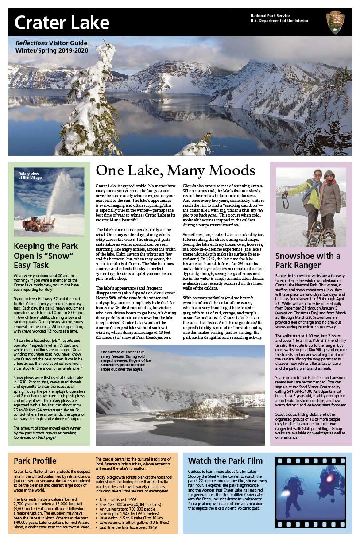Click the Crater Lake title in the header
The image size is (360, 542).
pyautogui.click(x=62, y=23)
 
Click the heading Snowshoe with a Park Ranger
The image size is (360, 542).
pyautogui.click(x=308, y=260)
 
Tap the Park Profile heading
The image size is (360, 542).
pyautogui.click(x=35, y=461)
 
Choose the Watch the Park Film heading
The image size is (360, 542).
pyautogui.click(x=225, y=461)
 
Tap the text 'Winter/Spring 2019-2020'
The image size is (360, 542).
pyautogui.click(x=52, y=50)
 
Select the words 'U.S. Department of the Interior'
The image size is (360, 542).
pyautogui.click(x=279, y=21)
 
